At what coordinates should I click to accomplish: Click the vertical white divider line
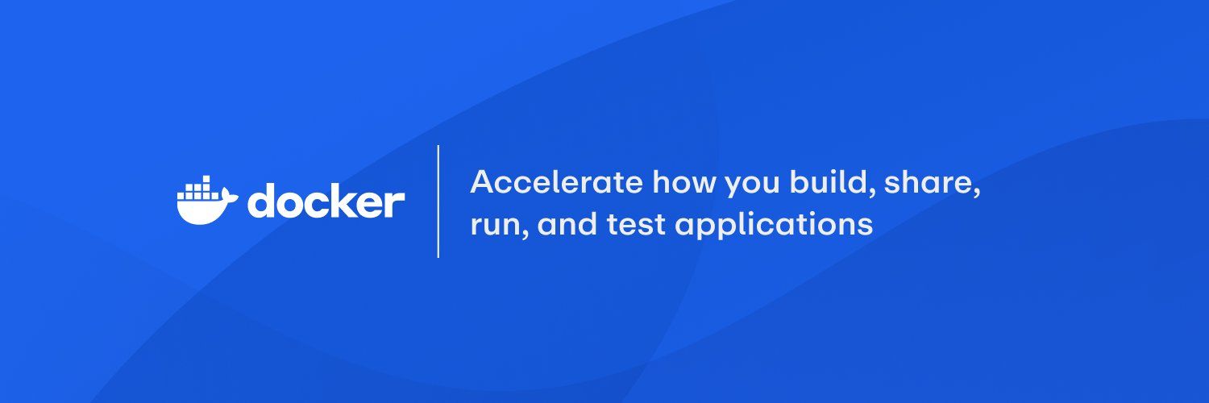(x=438, y=201)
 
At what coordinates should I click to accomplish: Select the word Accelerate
(x=556, y=182)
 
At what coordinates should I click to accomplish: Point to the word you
(x=752, y=185)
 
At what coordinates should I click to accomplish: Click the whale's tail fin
(x=229, y=197)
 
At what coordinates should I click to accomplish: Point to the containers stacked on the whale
(x=200, y=187)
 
